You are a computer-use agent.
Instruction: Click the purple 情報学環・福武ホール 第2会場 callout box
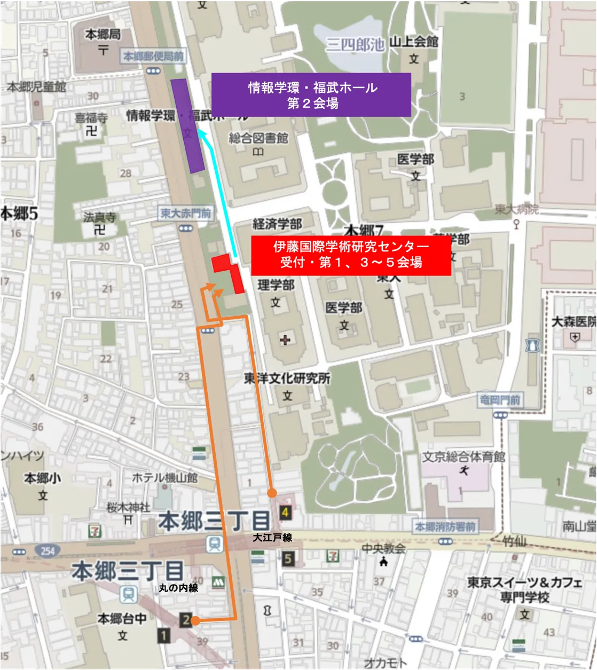[311, 94]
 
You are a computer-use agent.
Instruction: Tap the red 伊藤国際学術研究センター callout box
[351, 254]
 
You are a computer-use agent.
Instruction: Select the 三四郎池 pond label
[355, 45]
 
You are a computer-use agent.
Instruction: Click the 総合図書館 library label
[258, 138]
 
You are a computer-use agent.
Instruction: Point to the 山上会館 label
[413, 42]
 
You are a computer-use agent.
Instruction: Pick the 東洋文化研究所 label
[287, 379]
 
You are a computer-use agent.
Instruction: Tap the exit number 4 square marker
[286, 513]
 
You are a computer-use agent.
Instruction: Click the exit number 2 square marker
[185, 620]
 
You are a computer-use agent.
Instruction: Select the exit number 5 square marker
[288, 559]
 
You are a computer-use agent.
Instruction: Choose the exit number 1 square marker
[163, 635]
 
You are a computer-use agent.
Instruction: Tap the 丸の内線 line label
[178, 588]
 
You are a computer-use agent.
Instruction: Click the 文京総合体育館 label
[464, 457]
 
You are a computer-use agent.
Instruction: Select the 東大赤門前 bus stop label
[186, 214]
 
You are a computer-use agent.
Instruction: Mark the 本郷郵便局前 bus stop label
[153, 56]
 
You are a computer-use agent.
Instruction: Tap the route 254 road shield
[48, 550]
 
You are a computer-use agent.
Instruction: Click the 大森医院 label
[574, 322]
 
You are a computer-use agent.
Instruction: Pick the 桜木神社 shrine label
[128, 507]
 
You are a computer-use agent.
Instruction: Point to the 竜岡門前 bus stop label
[499, 399]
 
